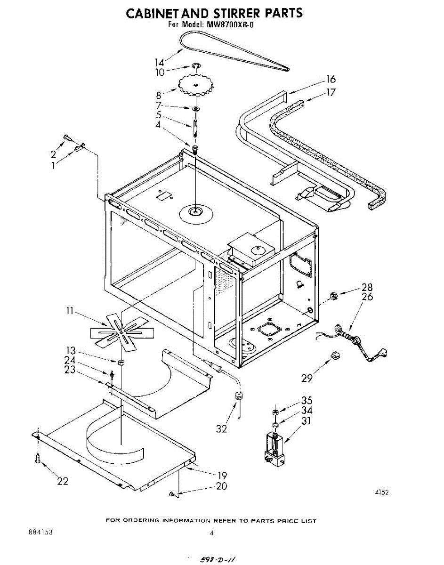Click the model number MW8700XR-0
click(230, 25)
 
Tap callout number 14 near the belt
click(160, 62)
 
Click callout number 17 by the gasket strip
click(331, 92)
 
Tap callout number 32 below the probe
click(221, 428)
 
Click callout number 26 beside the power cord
click(367, 297)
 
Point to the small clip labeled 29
click(335, 355)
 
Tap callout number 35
click(307, 401)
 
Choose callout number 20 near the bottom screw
click(221, 486)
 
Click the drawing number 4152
click(382, 492)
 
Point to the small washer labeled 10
click(196, 65)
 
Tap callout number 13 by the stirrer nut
click(71, 350)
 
